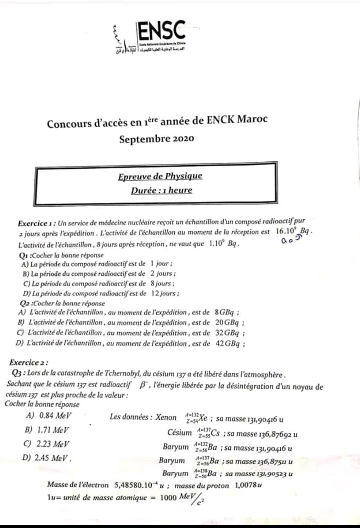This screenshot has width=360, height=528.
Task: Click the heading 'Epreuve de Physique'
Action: [160, 176]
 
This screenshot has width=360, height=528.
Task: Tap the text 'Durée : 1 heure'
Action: [161, 191]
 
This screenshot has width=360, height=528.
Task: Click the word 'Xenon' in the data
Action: [166, 417]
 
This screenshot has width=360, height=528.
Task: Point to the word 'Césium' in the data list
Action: [179, 432]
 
